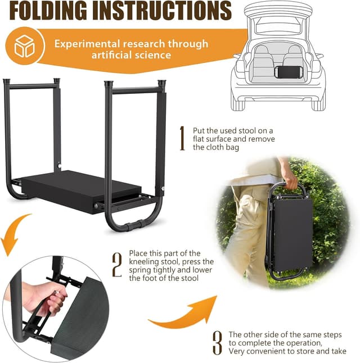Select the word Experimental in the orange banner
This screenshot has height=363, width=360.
click(88, 44)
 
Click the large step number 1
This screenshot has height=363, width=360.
click(182, 139)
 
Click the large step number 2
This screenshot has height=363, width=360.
click(117, 265)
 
